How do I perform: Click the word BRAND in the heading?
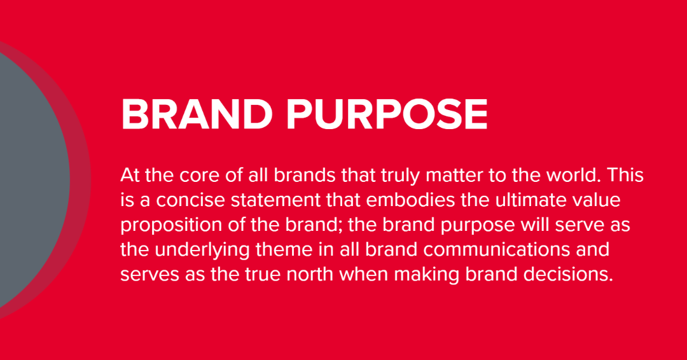point(197,114)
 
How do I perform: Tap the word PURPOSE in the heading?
point(387,114)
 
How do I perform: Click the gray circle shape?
point(31,179)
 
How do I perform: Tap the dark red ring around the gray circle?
point(81,179)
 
